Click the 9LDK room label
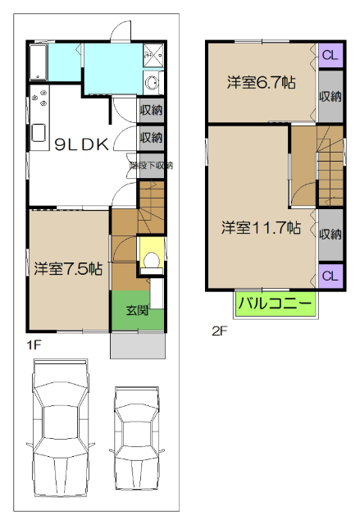point(81,144)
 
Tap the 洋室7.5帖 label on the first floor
point(67,267)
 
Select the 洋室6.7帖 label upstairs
point(261,82)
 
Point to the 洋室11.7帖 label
point(261,227)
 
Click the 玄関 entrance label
point(137,311)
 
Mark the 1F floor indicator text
point(34,345)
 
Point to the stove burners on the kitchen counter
point(39,102)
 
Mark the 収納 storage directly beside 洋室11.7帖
point(330,233)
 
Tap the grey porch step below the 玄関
point(137,345)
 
